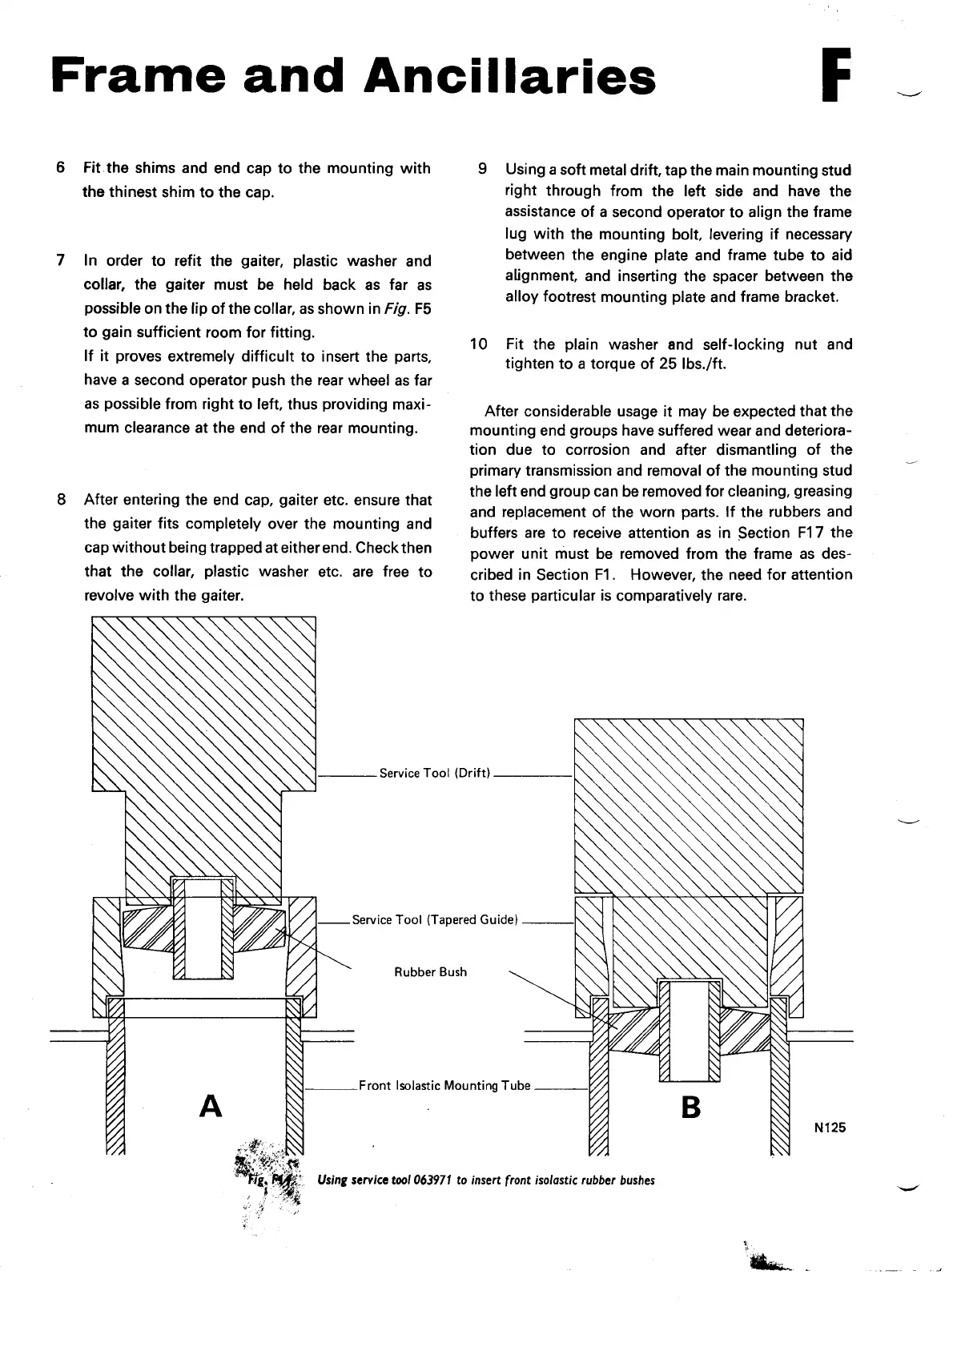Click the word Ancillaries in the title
[509, 77]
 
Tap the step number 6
[61, 168]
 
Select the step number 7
[61, 261]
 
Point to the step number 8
[61, 500]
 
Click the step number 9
[482, 170]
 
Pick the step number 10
[478, 344]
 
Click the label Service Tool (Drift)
[434, 774]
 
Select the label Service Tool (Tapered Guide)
[436, 920]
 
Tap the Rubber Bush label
[430, 972]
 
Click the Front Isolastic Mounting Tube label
[444, 1086]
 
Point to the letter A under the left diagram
[210, 1106]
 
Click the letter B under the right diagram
[690, 1108]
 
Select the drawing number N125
[830, 1128]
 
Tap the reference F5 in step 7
[423, 309]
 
